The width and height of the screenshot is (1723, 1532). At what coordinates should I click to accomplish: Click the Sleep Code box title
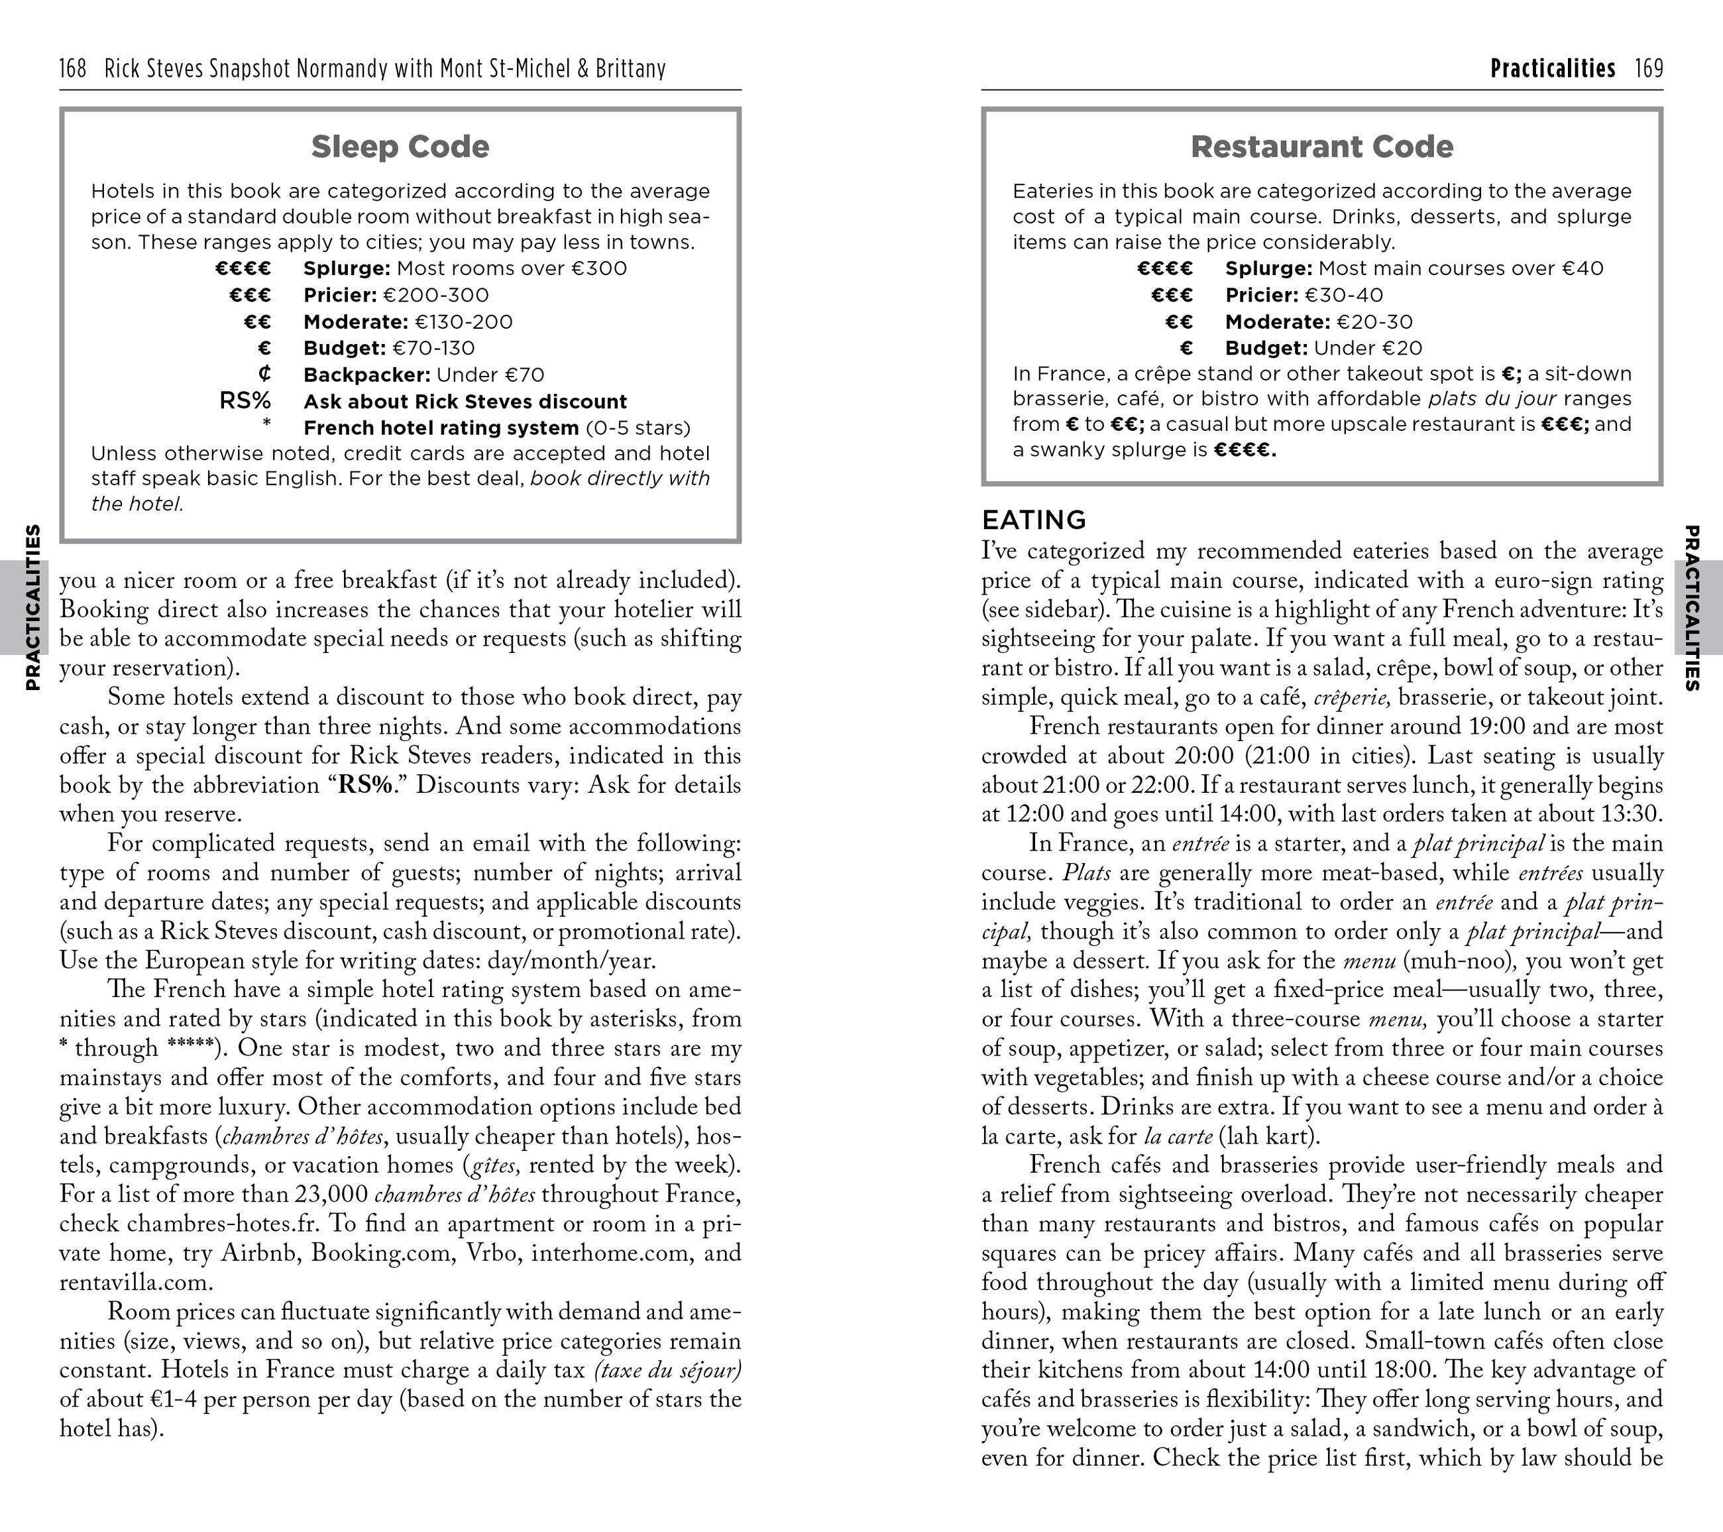click(x=400, y=147)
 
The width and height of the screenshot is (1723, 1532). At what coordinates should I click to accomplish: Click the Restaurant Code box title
click(x=1322, y=147)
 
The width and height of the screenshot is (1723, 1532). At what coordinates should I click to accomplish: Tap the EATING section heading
click(x=1034, y=519)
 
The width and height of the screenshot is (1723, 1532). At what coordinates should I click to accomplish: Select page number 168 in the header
click(x=74, y=68)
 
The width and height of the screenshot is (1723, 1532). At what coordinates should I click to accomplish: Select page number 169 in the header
click(x=1648, y=68)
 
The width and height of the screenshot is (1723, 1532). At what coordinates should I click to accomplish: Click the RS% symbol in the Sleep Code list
click(x=245, y=400)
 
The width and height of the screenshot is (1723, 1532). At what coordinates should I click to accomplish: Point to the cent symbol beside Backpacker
click(x=264, y=373)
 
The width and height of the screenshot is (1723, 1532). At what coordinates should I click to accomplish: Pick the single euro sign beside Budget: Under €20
click(x=1186, y=348)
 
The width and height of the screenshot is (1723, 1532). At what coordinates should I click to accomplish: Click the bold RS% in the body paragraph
click(x=365, y=785)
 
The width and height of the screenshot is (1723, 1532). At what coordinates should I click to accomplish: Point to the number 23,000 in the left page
click(x=331, y=1195)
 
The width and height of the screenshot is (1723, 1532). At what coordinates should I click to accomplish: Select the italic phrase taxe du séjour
click(x=667, y=1370)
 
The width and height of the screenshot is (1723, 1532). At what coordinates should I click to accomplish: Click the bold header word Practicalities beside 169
click(x=1552, y=68)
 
